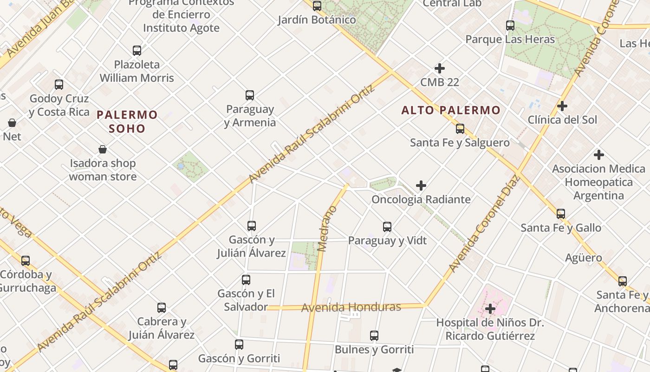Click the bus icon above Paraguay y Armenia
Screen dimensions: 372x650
click(x=250, y=95)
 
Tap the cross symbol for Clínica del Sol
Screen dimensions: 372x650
click(x=562, y=106)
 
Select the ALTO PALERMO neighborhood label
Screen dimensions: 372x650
click(x=451, y=110)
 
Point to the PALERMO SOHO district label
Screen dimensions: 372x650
click(x=127, y=121)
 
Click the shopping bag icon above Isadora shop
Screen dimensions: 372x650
click(x=103, y=149)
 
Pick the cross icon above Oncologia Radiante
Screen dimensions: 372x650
click(x=421, y=186)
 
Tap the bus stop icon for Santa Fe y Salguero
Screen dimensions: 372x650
click(x=460, y=129)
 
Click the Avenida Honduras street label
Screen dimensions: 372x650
click(x=351, y=307)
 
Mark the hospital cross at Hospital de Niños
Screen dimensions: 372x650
click(x=490, y=308)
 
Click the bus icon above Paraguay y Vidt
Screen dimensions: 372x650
click(x=387, y=227)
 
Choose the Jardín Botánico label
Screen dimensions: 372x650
click(x=317, y=20)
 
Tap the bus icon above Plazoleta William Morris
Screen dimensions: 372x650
click(x=137, y=51)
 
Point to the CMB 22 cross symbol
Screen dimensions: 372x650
click(x=440, y=68)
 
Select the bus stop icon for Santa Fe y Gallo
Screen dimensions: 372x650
click(x=561, y=214)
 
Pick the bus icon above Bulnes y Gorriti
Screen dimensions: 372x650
click(x=374, y=335)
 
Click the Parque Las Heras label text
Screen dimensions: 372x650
click(x=510, y=40)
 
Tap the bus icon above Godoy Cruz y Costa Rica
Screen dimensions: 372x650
click(x=59, y=85)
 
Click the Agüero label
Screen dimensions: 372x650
click(x=584, y=258)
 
